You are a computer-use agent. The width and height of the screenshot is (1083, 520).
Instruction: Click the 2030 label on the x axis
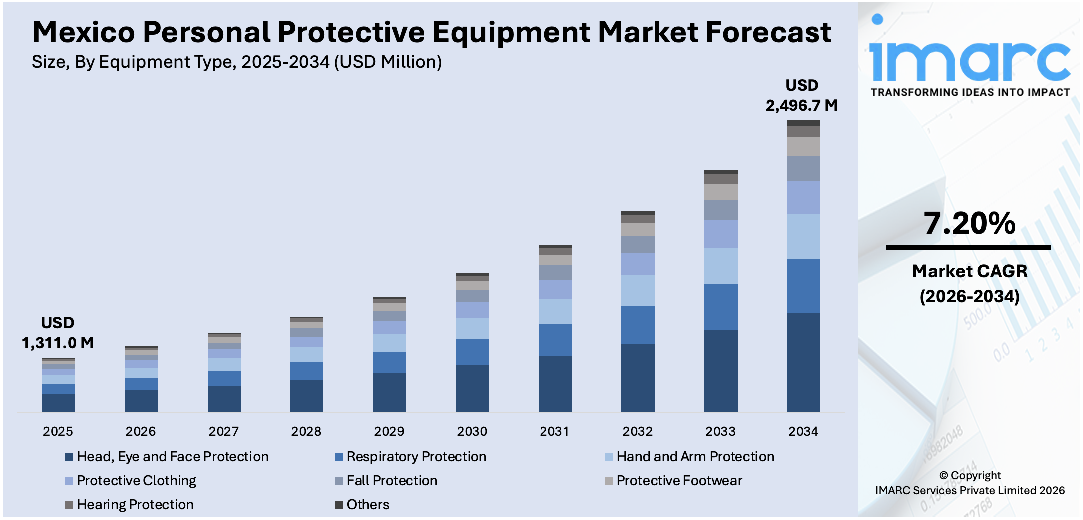tap(472, 431)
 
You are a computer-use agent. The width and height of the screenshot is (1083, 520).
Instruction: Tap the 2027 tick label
tap(223, 431)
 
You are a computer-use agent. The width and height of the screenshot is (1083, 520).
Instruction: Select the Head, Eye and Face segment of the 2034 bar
tap(803, 362)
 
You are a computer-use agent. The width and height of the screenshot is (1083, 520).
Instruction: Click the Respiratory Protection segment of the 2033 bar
tap(720, 307)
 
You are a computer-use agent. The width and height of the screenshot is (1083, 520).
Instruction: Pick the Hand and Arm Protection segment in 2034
tap(803, 236)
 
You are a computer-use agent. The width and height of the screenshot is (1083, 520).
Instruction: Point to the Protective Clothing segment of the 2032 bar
tap(637, 264)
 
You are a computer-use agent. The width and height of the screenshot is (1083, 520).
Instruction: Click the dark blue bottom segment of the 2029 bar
tap(389, 392)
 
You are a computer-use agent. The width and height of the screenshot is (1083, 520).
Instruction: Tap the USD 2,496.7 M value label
tap(802, 95)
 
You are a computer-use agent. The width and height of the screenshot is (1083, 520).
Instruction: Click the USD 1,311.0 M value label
tap(58, 333)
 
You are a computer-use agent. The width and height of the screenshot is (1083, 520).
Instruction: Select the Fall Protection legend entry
tap(391, 480)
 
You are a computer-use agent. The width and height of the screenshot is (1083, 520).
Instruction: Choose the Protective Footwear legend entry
tap(679, 480)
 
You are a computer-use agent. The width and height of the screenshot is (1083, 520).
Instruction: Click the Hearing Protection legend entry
tap(135, 504)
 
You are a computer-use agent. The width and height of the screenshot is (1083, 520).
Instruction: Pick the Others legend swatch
tap(339, 504)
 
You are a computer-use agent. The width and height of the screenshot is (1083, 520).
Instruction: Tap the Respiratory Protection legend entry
tap(416, 456)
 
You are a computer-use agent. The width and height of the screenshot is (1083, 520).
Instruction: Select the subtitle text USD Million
tap(387, 62)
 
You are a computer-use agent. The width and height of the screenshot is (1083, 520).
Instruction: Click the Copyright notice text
tap(970, 483)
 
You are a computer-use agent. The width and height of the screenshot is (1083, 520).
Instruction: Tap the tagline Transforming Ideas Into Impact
tap(970, 92)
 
